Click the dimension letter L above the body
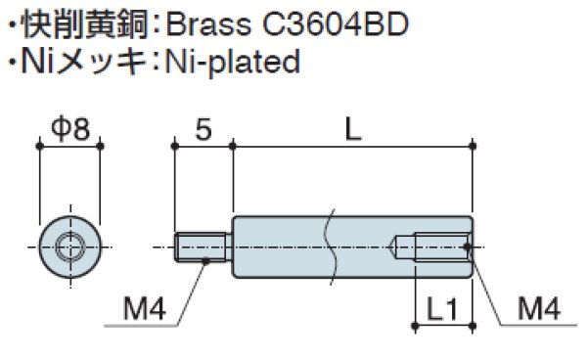tap(353, 128)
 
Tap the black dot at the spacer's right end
tap(471, 246)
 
